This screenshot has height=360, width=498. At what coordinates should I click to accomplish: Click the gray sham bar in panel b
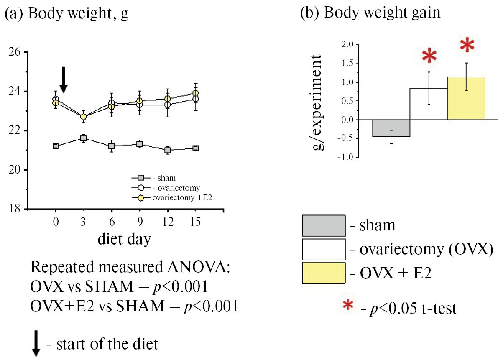(x=391, y=128)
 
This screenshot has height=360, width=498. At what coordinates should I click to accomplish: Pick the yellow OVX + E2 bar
(x=466, y=98)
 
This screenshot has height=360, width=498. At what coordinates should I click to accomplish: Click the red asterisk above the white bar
(x=429, y=56)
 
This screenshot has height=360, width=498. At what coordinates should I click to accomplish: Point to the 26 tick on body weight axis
(x=16, y=52)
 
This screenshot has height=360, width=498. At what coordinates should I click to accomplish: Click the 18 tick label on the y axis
(x=16, y=209)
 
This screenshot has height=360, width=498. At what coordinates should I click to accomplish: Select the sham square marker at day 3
(x=83, y=138)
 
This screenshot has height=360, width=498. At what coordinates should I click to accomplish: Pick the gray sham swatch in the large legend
(x=324, y=226)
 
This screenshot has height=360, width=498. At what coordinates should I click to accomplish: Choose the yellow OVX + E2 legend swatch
(x=324, y=273)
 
